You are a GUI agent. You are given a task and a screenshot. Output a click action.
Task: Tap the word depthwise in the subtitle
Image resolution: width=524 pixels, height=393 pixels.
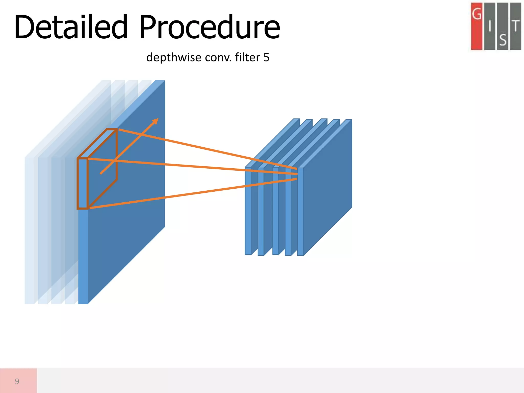174,57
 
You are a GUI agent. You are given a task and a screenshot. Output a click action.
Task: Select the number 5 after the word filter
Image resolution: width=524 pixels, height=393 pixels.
266,58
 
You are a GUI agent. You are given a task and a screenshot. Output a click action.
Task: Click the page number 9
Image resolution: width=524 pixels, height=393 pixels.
17,381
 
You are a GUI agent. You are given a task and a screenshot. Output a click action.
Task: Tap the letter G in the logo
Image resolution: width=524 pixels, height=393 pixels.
476,14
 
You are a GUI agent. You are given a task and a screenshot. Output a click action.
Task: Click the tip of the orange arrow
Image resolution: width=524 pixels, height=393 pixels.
158,119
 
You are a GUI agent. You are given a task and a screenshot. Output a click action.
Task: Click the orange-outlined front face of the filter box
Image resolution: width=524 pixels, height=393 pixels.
82,183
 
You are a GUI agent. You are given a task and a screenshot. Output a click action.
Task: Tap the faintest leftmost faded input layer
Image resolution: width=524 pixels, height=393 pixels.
29,230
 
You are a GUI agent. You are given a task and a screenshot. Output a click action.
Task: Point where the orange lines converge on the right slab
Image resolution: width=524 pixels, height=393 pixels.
298,174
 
